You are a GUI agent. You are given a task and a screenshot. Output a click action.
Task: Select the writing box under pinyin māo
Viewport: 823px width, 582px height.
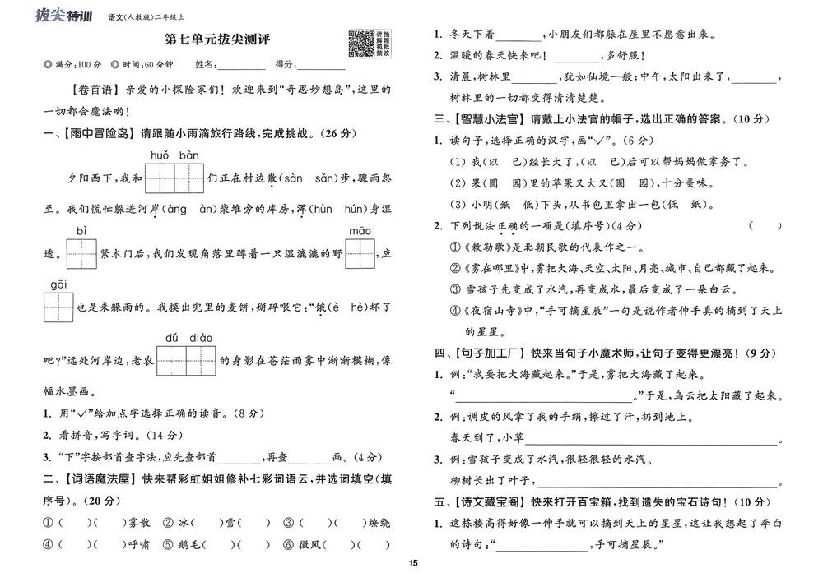click(360, 252)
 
